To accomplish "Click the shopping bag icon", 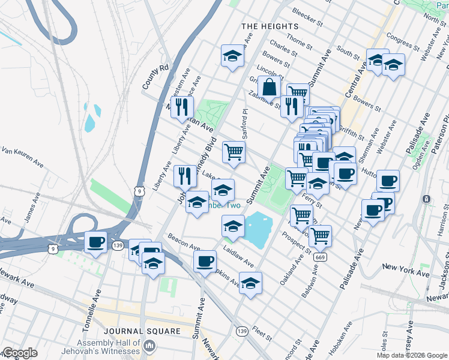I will (271, 87).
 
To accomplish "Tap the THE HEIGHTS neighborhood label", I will (270, 27).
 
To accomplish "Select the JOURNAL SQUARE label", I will (142, 331).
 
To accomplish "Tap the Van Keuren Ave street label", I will (22, 156).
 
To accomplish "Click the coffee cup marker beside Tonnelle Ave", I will (95, 243).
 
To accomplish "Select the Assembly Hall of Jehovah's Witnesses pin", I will (150, 347).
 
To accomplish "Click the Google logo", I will (19, 353).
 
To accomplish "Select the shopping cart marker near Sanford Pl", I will (234, 152).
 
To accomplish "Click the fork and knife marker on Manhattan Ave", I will (182, 107).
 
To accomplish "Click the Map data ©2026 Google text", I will (412, 355).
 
